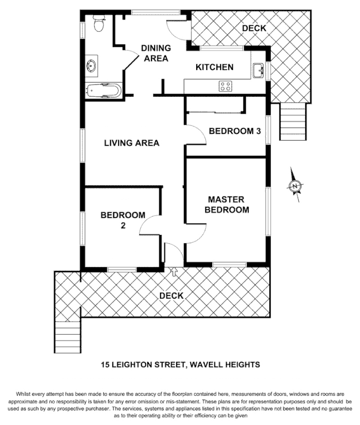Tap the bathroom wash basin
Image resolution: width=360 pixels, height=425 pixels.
tap(91, 66)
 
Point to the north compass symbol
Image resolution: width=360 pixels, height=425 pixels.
tap(294, 185)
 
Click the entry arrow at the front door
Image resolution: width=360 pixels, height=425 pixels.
tap(174, 272)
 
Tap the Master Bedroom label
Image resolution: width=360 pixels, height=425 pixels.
tap(227, 205)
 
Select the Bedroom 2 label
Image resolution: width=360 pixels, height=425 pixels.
tap(123, 220)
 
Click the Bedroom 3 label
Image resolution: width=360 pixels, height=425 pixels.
tap(234, 131)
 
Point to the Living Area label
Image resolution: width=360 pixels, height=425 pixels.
tap(131, 143)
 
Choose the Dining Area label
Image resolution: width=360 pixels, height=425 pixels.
tap(155, 53)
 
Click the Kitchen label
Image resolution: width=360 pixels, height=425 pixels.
tap(214, 67)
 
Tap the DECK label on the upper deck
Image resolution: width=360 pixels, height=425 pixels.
tap(254, 28)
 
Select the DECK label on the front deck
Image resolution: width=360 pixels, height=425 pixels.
tap(171, 296)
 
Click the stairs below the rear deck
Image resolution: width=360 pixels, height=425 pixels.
tap(294, 122)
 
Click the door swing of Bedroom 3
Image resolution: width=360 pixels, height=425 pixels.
tap(197, 134)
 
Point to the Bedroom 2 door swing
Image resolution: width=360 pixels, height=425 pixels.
tap(150, 226)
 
